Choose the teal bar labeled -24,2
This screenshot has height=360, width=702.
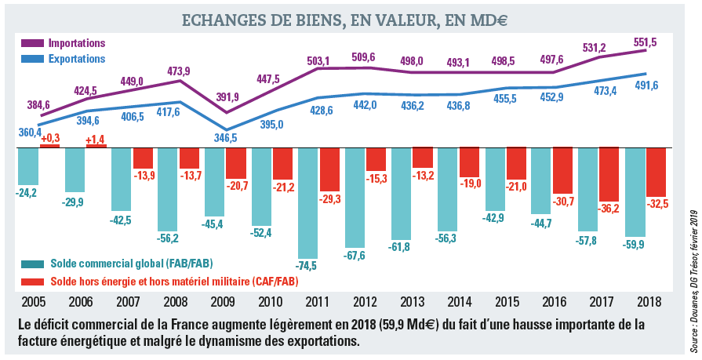coord(28,165)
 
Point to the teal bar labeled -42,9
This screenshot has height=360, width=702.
coord(495,180)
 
